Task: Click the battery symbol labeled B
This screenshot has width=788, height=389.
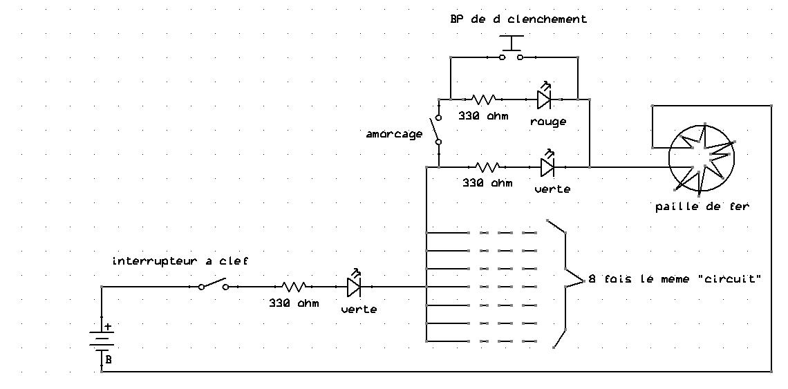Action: pyautogui.click(x=102, y=340)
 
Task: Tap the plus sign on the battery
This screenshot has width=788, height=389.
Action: pyautogui.click(x=108, y=326)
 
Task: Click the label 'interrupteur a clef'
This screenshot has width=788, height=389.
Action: pyautogui.click(x=180, y=261)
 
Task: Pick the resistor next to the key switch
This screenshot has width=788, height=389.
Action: pyautogui.click(x=294, y=286)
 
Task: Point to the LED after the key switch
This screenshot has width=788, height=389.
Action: pyautogui.click(x=354, y=285)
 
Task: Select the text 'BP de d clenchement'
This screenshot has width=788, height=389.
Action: pyautogui.click(x=518, y=19)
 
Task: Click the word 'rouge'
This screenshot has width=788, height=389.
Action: pyautogui.click(x=548, y=122)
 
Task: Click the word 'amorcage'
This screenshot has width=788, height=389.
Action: pyautogui.click(x=394, y=134)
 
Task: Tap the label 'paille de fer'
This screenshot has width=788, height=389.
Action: pyautogui.click(x=702, y=207)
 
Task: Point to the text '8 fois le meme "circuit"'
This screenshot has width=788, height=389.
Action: pyautogui.click(x=675, y=280)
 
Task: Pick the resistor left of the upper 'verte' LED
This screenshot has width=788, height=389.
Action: pyautogui.click(x=488, y=167)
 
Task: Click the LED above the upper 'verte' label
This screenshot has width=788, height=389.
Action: pyautogui.click(x=547, y=166)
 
